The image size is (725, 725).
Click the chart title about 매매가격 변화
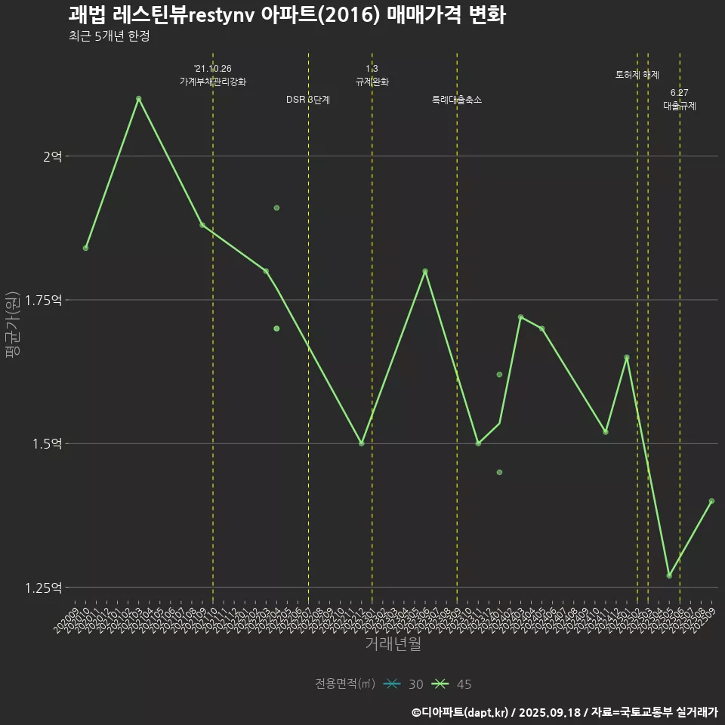point(287,15)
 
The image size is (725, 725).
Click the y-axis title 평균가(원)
point(13,325)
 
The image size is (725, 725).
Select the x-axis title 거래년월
point(393,643)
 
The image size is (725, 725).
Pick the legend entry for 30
point(404,684)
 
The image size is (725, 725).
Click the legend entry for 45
point(452,684)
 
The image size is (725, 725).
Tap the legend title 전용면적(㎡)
point(345,684)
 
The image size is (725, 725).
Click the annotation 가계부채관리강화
point(213,82)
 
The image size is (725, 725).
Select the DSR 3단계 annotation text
point(308,100)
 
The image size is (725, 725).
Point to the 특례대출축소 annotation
point(457,100)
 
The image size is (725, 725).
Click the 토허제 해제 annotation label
point(637,76)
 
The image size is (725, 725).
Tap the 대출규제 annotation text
point(680,106)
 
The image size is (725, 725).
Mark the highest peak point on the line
point(138,99)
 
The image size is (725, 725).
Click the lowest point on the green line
point(669,575)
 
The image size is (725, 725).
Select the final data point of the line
point(711,501)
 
